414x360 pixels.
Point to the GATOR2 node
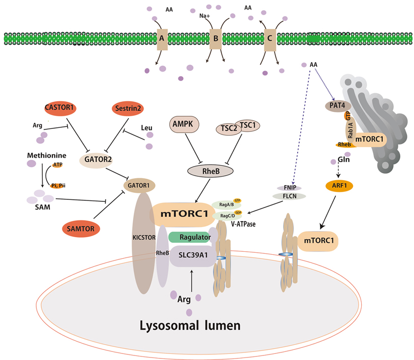click(x=95, y=160)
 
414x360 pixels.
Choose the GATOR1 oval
click(x=139, y=185)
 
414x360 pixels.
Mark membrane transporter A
click(x=162, y=38)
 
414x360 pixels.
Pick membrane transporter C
click(x=271, y=38)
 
